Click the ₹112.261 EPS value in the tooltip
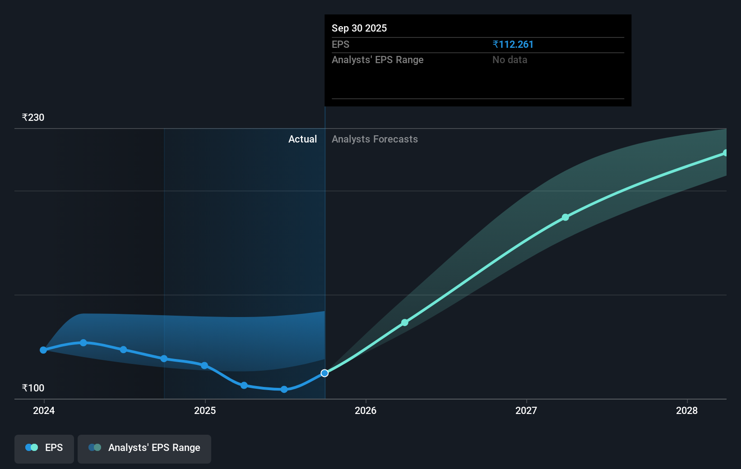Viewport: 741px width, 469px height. click(x=513, y=45)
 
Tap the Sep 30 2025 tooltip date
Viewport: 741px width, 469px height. click(x=359, y=28)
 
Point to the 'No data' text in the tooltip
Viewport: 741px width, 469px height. click(x=509, y=60)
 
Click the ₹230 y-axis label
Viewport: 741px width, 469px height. click(x=33, y=118)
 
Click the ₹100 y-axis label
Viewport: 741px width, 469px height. click(x=33, y=388)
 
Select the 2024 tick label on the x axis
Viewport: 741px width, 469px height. click(x=44, y=411)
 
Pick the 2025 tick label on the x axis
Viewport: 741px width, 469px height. click(x=205, y=411)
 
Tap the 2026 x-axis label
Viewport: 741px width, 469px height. click(x=366, y=411)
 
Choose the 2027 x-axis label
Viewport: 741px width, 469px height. click(x=526, y=411)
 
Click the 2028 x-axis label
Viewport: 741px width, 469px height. click(x=687, y=411)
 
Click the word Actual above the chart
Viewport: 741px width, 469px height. click(x=302, y=139)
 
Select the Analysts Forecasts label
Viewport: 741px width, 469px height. click(x=375, y=139)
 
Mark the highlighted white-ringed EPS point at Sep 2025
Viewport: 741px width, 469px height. click(x=324, y=373)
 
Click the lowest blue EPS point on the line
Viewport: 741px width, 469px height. click(x=284, y=390)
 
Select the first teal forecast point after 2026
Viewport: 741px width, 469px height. click(x=405, y=322)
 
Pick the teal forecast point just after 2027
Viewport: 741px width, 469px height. click(x=565, y=217)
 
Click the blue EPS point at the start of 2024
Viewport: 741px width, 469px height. click(x=43, y=350)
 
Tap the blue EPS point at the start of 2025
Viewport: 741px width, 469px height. click(x=204, y=366)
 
